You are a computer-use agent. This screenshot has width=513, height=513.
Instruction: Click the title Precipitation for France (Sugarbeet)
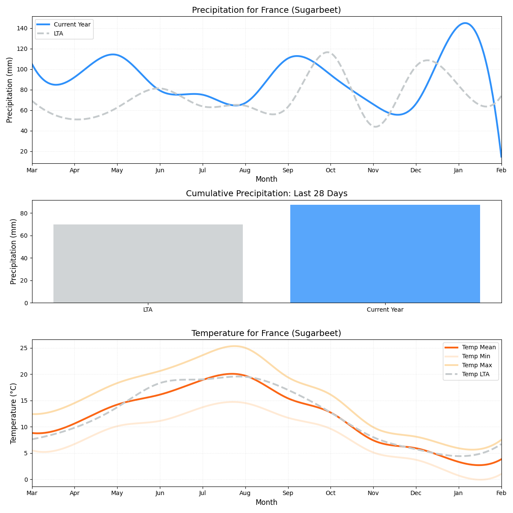point(266,10)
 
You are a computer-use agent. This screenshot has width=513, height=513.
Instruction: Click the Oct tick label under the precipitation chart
point(330,171)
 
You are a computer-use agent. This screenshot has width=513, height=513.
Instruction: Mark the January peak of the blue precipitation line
point(465,23)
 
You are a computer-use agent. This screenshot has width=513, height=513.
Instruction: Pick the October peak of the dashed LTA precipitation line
point(328,52)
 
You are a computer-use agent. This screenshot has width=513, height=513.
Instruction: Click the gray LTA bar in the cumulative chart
point(148,263)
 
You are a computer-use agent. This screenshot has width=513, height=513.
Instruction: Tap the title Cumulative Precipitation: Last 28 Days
point(266,194)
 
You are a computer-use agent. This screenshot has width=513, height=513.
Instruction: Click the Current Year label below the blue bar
point(385,310)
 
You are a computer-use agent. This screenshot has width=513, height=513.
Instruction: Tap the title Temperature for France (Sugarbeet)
point(266,333)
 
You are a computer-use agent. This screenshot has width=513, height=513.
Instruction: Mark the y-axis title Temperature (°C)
point(13,413)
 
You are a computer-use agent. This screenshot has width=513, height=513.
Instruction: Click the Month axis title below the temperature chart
point(266,503)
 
